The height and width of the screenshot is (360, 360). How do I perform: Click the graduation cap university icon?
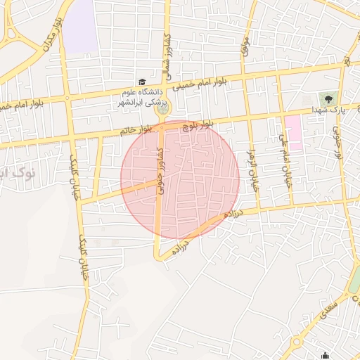point(142,82)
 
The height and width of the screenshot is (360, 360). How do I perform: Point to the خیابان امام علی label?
point(286,161)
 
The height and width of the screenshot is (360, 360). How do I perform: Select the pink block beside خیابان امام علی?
point(292,132)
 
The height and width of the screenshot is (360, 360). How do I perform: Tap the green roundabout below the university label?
point(163,108)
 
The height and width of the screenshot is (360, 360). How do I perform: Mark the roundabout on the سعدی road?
point(296,342)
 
